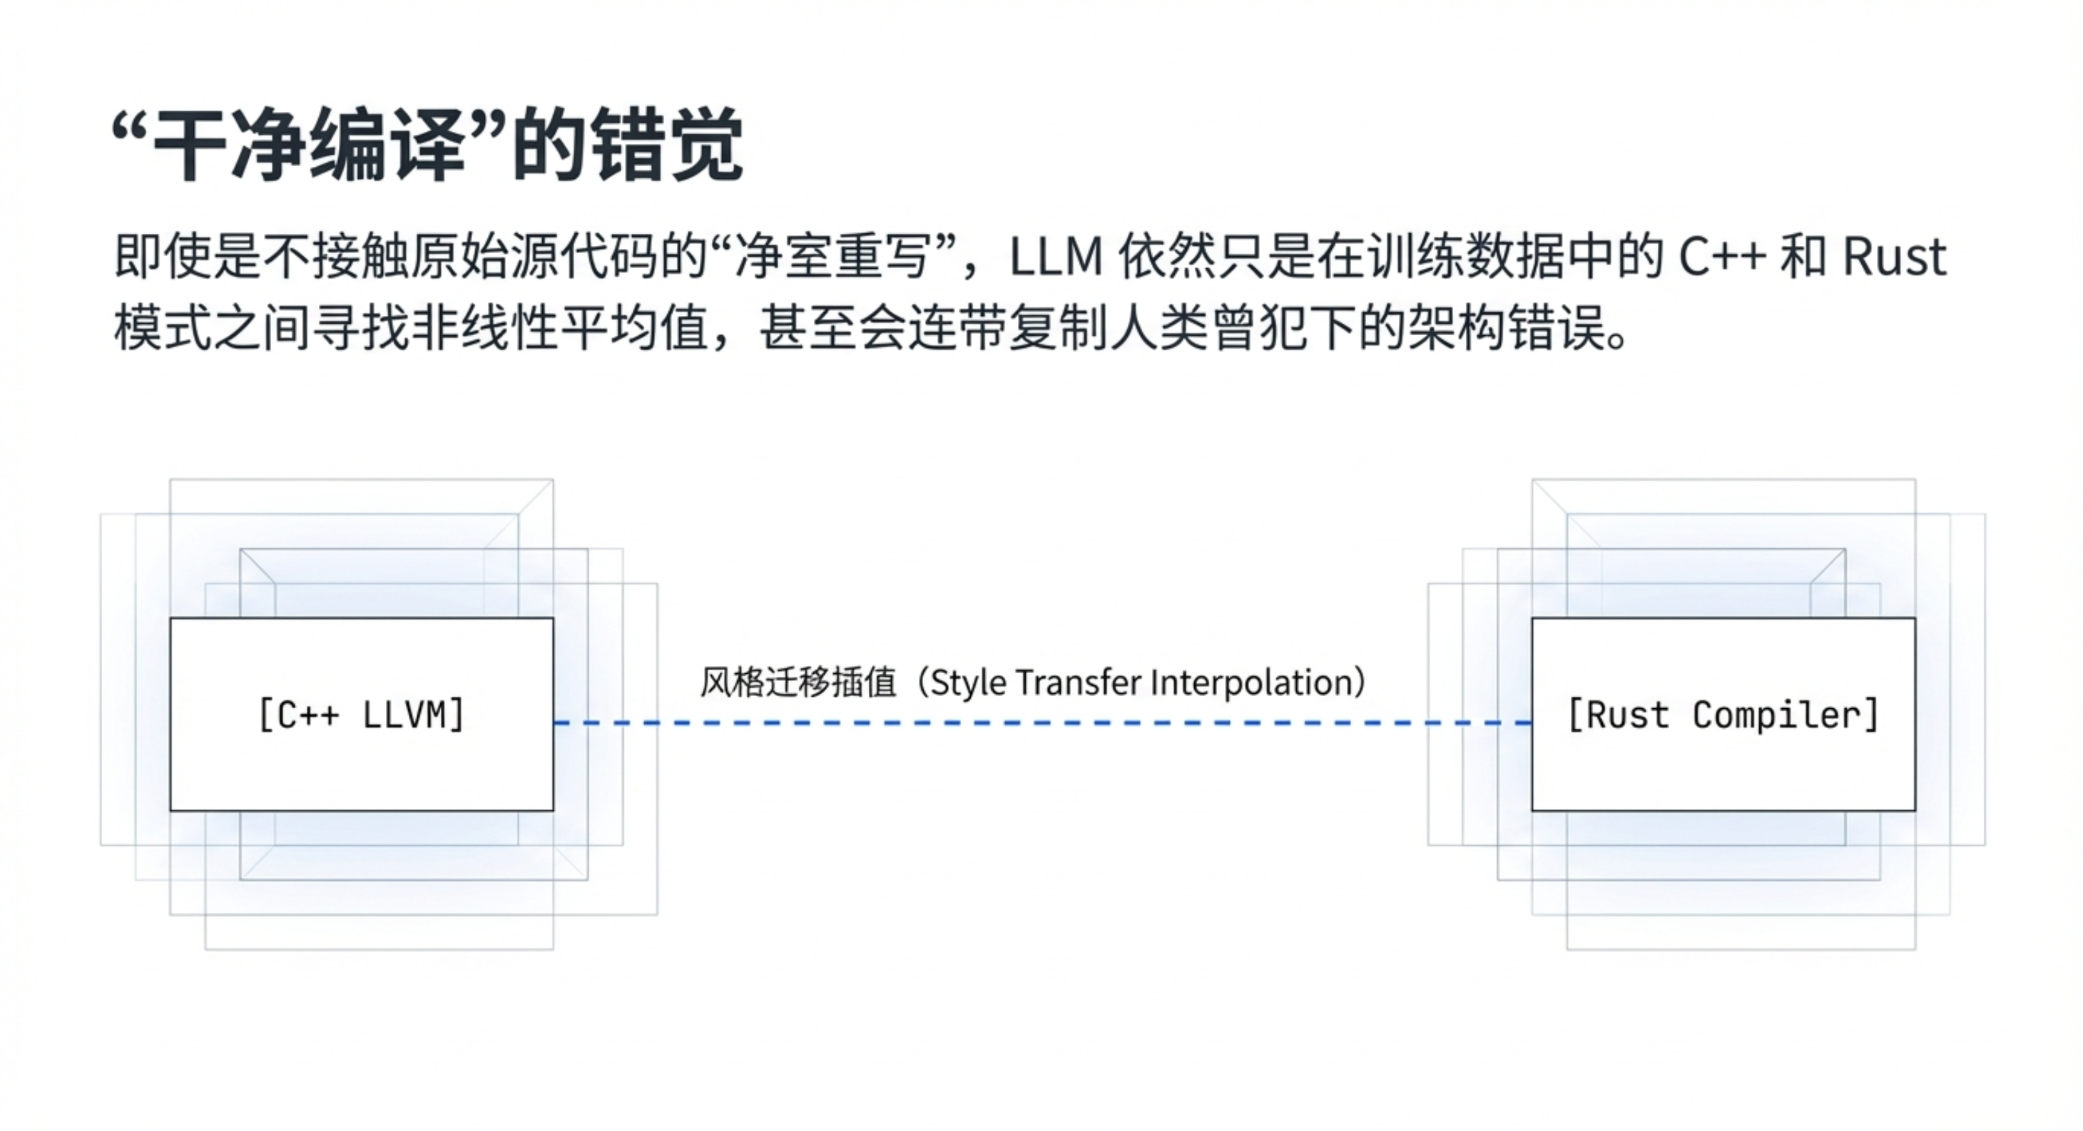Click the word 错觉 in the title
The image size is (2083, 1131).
666,146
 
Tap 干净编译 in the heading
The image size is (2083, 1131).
308,146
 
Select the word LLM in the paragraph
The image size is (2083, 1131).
1056,257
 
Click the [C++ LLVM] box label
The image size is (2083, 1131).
362,715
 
